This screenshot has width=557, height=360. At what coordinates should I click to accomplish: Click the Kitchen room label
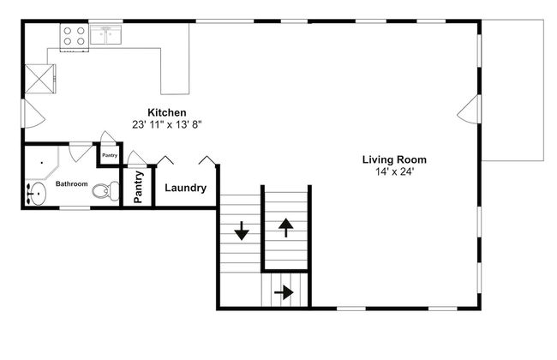(166, 112)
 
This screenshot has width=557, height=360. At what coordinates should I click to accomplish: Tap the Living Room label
(394, 159)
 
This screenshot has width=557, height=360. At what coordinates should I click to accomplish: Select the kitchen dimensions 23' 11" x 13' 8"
(167, 125)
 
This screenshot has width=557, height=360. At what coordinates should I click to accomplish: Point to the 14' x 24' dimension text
(395, 172)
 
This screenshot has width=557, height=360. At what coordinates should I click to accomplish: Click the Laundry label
(185, 188)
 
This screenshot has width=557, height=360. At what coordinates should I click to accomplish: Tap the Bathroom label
(71, 183)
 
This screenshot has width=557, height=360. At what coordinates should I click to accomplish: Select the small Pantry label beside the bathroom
(110, 155)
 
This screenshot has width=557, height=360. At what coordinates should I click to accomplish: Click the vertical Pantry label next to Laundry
(138, 187)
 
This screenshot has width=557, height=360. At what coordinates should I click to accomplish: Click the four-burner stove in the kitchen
(75, 37)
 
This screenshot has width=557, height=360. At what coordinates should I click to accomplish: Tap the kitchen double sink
(106, 34)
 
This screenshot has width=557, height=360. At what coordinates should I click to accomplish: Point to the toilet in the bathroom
(105, 191)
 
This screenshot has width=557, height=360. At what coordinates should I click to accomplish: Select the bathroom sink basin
(37, 194)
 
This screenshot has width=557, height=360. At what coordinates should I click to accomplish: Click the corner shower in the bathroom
(42, 162)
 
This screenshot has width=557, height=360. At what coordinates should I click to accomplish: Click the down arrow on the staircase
(242, 231)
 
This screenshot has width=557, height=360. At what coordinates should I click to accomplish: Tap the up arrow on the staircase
(286, 228)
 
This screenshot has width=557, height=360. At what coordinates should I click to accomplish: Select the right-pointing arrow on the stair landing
(284, 293)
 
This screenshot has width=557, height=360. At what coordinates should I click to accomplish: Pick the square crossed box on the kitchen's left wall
(39, 79)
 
